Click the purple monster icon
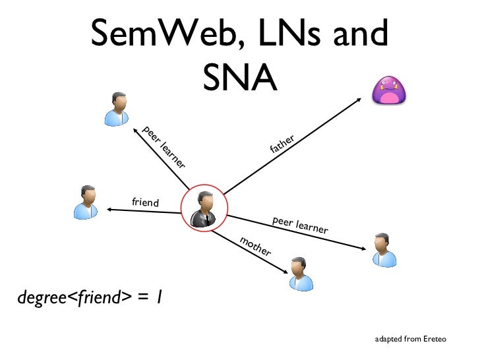coord(390,91)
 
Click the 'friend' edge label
coord(146,202)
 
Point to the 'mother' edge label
coord(255,245)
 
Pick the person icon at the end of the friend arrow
coord(86,202)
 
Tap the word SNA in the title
coord(239,78)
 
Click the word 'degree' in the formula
coord(42,299)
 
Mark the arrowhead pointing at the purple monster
coord(359,100)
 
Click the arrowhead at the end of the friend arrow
coord(110,210)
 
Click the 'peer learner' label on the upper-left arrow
coord(164,146)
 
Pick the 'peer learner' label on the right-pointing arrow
coord(300,225)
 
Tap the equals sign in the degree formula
coord(142,299)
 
